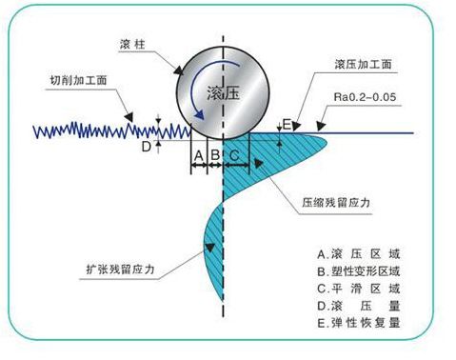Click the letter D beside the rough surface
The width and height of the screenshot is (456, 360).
point(146,148)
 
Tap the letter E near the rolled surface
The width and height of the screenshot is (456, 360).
point(287,125)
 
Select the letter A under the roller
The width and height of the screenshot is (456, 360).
point(197,153)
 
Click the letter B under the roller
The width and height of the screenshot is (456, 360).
point(215,153)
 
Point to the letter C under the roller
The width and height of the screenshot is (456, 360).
point(234,153)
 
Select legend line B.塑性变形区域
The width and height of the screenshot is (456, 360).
point(367,271)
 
